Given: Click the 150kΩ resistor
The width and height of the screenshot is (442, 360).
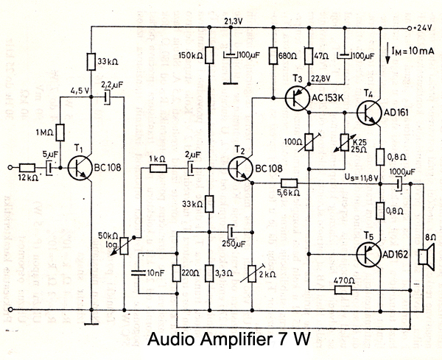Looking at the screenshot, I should tap(209, 55).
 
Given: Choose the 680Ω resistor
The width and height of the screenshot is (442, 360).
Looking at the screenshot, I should tap(273, 55).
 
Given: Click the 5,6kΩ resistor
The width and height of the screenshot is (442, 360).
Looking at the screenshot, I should tap(287, 183).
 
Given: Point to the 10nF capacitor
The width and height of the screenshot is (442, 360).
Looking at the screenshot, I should tap(138, 273).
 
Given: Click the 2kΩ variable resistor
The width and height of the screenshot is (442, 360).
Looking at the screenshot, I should tap(253, 274).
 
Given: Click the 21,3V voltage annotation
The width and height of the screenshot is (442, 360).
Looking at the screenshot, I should tap(232, 21).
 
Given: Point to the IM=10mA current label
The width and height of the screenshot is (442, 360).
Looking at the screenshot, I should tap(410, 50).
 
